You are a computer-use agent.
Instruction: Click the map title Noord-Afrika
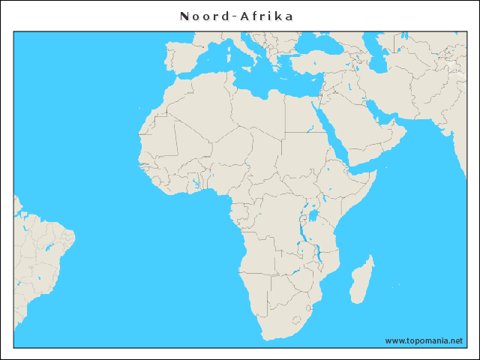(236, 16)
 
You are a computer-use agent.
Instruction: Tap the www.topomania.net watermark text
(424, 340)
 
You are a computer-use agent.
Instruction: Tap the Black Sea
(319, 46)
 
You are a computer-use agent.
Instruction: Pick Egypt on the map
(304, 116)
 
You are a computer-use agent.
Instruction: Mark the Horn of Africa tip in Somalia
(373, 174)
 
